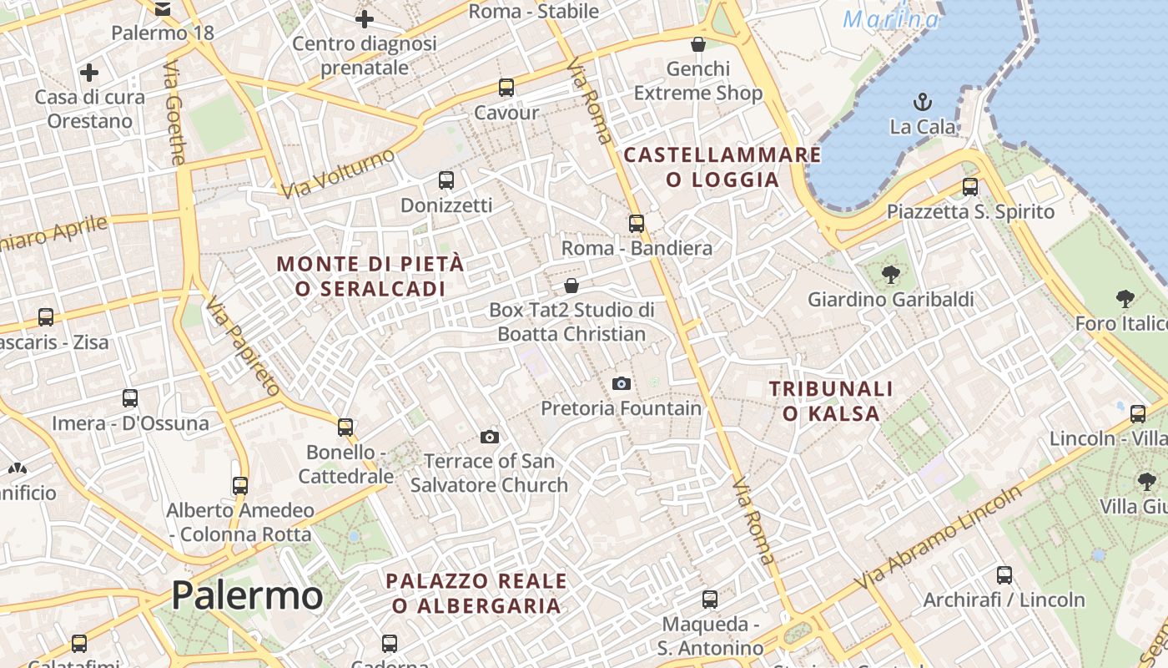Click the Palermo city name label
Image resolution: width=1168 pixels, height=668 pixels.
coord(247,596)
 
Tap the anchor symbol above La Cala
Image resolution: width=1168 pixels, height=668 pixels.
coord(923,103)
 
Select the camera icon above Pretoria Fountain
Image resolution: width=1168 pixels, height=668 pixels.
coord(622,383)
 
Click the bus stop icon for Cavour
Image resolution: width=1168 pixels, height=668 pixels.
coord(506,87)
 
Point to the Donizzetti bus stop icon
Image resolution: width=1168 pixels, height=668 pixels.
coord(446,180)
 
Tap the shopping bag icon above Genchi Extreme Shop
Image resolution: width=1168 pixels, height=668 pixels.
coord(698,43)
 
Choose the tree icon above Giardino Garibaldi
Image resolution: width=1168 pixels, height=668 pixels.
coord(890,273)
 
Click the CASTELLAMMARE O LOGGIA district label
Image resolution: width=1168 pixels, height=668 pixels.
coord(722,167)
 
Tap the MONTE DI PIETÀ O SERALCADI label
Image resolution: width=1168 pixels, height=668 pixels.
coord(370,276)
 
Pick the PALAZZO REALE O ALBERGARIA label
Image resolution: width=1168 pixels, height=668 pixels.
coord(476,593)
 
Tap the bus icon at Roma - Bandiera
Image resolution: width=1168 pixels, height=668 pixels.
coord(637,223)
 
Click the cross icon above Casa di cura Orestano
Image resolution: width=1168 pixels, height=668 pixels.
coord(89,73)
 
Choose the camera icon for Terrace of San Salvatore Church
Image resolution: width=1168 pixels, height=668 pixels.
coord(490,437)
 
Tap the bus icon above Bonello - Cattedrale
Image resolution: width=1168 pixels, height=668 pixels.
coord(345,427)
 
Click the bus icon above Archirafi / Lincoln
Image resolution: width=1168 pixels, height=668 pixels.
coord(1004,574)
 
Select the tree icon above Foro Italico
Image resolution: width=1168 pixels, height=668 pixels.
coord(1125,298)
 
